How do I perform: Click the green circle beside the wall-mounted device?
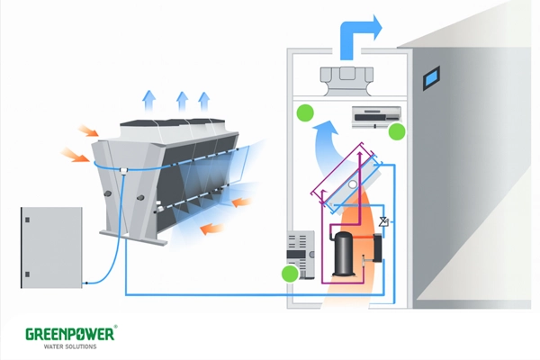pos(397,131)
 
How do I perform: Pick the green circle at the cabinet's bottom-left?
pos(290,274)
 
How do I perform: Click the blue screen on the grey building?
pos(433,76)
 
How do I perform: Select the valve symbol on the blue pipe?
pos(382,220)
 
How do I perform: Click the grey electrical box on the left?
pos(51,247)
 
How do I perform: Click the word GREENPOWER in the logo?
pos(69,334)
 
